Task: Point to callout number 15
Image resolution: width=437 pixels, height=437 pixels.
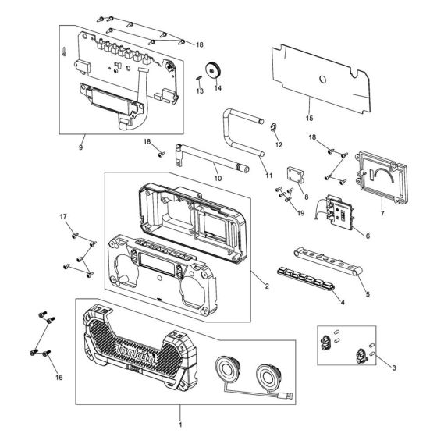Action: [x=308, y=119]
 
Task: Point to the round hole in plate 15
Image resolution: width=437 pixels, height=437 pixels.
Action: [x=321, y=79]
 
